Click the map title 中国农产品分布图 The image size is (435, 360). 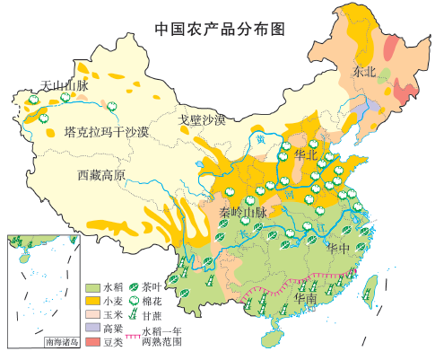pos(219,29)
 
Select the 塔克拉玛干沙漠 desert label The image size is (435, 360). pos(107,133)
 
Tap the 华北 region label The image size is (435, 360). pos(307,154)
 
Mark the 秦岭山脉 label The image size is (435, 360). pos(243,213)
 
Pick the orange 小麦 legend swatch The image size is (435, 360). pos(92,302)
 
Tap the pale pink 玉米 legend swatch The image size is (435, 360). pos(92,315)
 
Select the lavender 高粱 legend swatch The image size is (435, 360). pos(92,329)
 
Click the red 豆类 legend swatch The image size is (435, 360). pos(92,342)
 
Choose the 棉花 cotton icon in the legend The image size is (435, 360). pos(135,302)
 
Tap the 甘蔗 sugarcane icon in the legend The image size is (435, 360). pos(135,315)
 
